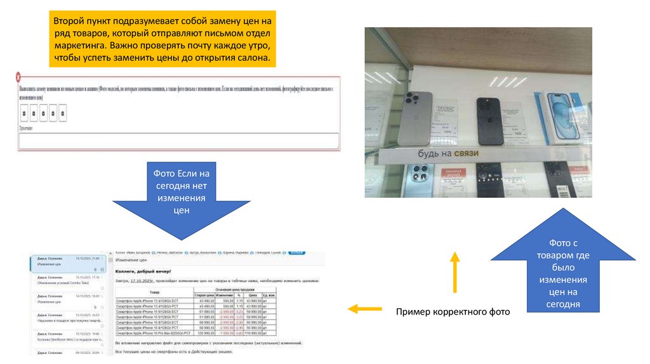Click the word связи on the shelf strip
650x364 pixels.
click(x=465, y=153)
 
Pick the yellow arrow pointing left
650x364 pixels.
click(x=361, y=309)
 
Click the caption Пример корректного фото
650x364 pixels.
click(x=453, y=312)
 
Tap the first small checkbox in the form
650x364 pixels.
click(x=23, y=114)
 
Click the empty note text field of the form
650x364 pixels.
click(x=178, y=141)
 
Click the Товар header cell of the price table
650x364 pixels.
click(x=154, y=292)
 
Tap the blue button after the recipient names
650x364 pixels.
click(x=296, y=253)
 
